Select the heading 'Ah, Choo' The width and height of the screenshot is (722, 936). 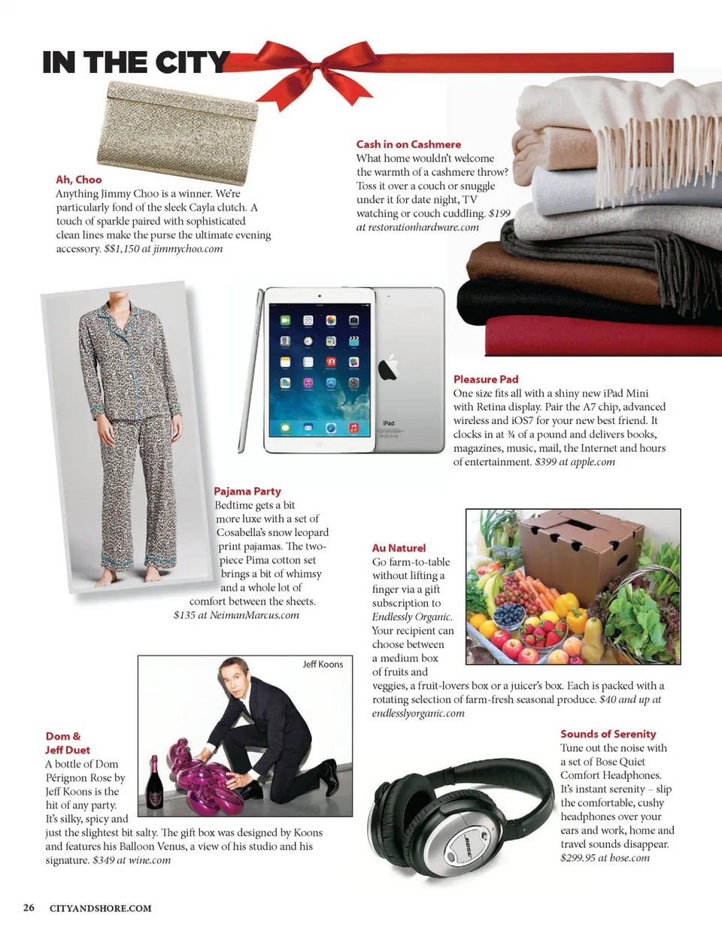[x=78, y=180]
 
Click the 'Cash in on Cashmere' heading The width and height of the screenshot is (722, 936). [x=408, y=144]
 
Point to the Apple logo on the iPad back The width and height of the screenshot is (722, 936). [x=388, y=368]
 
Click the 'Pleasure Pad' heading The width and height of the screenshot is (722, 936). [x=485, y=380]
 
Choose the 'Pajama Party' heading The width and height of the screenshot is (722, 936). [x=247, y=492]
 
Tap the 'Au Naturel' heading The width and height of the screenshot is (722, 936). [x=399, y=548]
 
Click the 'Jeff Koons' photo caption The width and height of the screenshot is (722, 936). [x=323, y=665]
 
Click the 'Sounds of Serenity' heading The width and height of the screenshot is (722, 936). [x=608, y=735]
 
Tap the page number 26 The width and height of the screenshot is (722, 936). [x=29, y=907]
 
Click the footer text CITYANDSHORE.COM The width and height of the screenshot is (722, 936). [x=100, y=908]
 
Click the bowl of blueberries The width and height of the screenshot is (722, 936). [x=509, y=616]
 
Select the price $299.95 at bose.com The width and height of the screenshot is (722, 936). [x=605, y=858]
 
